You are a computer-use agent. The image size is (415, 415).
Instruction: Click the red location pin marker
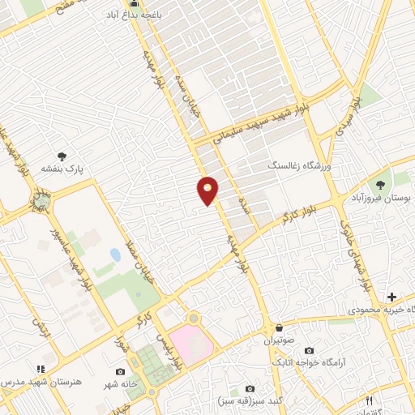click(x=207, y=190)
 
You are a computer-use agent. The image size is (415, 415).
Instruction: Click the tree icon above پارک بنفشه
click(x=62, y=156)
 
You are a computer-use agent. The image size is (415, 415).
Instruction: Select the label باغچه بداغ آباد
click(x=135, y=15)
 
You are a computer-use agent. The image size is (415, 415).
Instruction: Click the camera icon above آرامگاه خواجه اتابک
click(x=308, y=350)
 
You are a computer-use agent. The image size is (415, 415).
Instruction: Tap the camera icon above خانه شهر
click(x=121, y=372)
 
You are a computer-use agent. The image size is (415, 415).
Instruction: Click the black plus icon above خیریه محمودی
click(x=391, y=297)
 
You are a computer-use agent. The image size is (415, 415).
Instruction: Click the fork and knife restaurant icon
click(x=369, y=400)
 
